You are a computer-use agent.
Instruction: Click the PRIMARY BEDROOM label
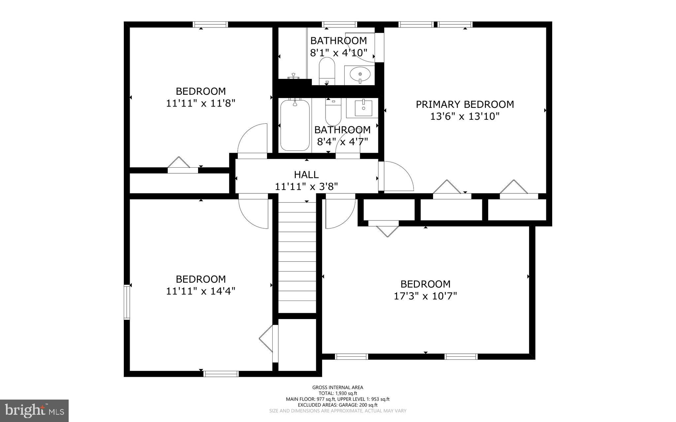(464, 104)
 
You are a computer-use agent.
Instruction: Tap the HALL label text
(306, 175)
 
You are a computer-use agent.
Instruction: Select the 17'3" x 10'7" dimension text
(425, 296)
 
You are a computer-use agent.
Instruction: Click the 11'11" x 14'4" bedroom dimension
(200, 291)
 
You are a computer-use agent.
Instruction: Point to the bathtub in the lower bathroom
(295, 125)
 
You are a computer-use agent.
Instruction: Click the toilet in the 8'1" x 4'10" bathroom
(327, 71)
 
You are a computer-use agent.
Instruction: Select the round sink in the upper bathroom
(359, 75)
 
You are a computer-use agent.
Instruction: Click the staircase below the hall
(297, 257)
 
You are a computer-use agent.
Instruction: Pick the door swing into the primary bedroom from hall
(396, 177)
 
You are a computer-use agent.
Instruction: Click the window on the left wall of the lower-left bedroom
(127, 302)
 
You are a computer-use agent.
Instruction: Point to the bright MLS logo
(34, 410)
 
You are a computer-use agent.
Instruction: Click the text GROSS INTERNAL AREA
(338, 387)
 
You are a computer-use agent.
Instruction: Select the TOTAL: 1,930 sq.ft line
(338, 393)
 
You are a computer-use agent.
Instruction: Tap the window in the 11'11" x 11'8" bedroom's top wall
(210, 24)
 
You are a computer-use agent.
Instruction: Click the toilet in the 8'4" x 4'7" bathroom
(333, 112)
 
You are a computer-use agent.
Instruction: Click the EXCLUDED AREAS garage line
(338, 405)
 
